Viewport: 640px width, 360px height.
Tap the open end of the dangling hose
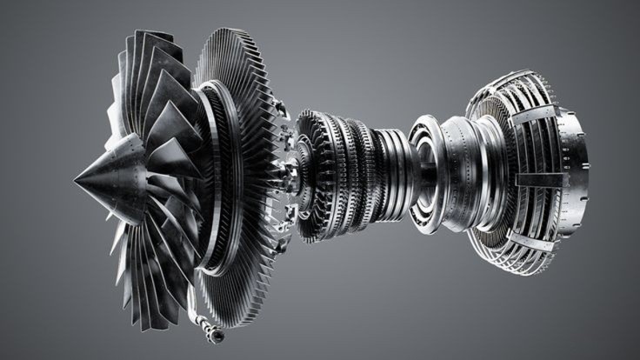point(217,336)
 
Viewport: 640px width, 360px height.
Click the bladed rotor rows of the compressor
point(343,174)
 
